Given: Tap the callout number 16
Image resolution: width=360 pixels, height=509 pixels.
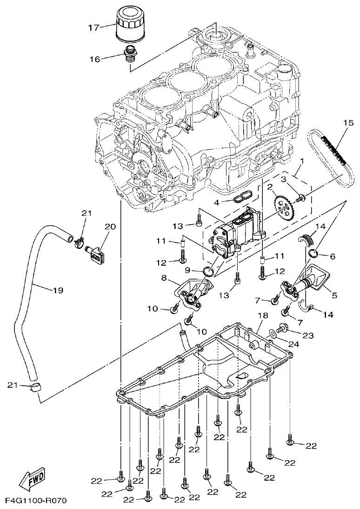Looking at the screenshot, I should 95,59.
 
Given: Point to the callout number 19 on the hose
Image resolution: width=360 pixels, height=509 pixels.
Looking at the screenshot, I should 57,290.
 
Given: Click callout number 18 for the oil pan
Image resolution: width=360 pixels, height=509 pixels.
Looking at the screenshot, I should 263,315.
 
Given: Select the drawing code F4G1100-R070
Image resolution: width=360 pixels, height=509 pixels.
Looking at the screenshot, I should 36,501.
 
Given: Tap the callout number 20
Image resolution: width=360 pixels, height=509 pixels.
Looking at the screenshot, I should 110,227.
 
